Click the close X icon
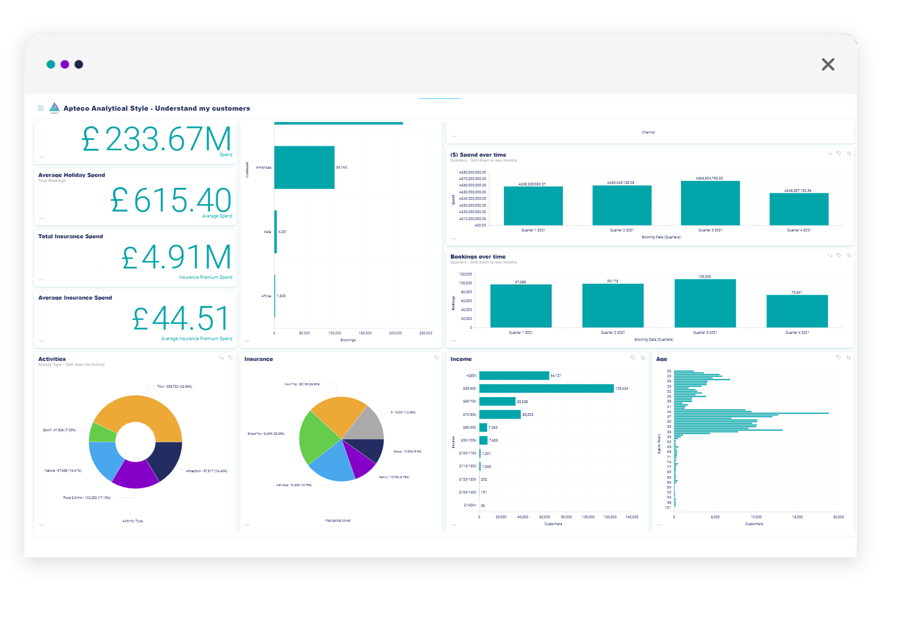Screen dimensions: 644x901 828,64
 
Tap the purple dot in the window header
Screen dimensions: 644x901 65,64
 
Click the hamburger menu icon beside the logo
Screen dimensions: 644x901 41,108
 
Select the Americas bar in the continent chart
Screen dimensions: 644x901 304,167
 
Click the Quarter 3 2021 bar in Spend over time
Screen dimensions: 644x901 710,203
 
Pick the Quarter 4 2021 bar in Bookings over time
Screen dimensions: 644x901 797,311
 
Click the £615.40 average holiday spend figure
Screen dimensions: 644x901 171,200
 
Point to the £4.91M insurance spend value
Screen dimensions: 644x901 176,257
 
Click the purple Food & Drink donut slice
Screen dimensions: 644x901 135,475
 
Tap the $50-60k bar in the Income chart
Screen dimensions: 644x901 546,389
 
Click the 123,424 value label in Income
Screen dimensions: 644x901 621,389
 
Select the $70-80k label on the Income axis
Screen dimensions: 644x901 469,415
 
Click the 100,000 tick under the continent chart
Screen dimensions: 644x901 335,333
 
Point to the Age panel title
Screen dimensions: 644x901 661,359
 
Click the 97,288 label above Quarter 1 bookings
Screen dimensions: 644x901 520,282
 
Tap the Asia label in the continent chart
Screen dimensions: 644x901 267,232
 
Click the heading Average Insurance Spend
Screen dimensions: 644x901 75,298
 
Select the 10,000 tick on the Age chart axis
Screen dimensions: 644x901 756,517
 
